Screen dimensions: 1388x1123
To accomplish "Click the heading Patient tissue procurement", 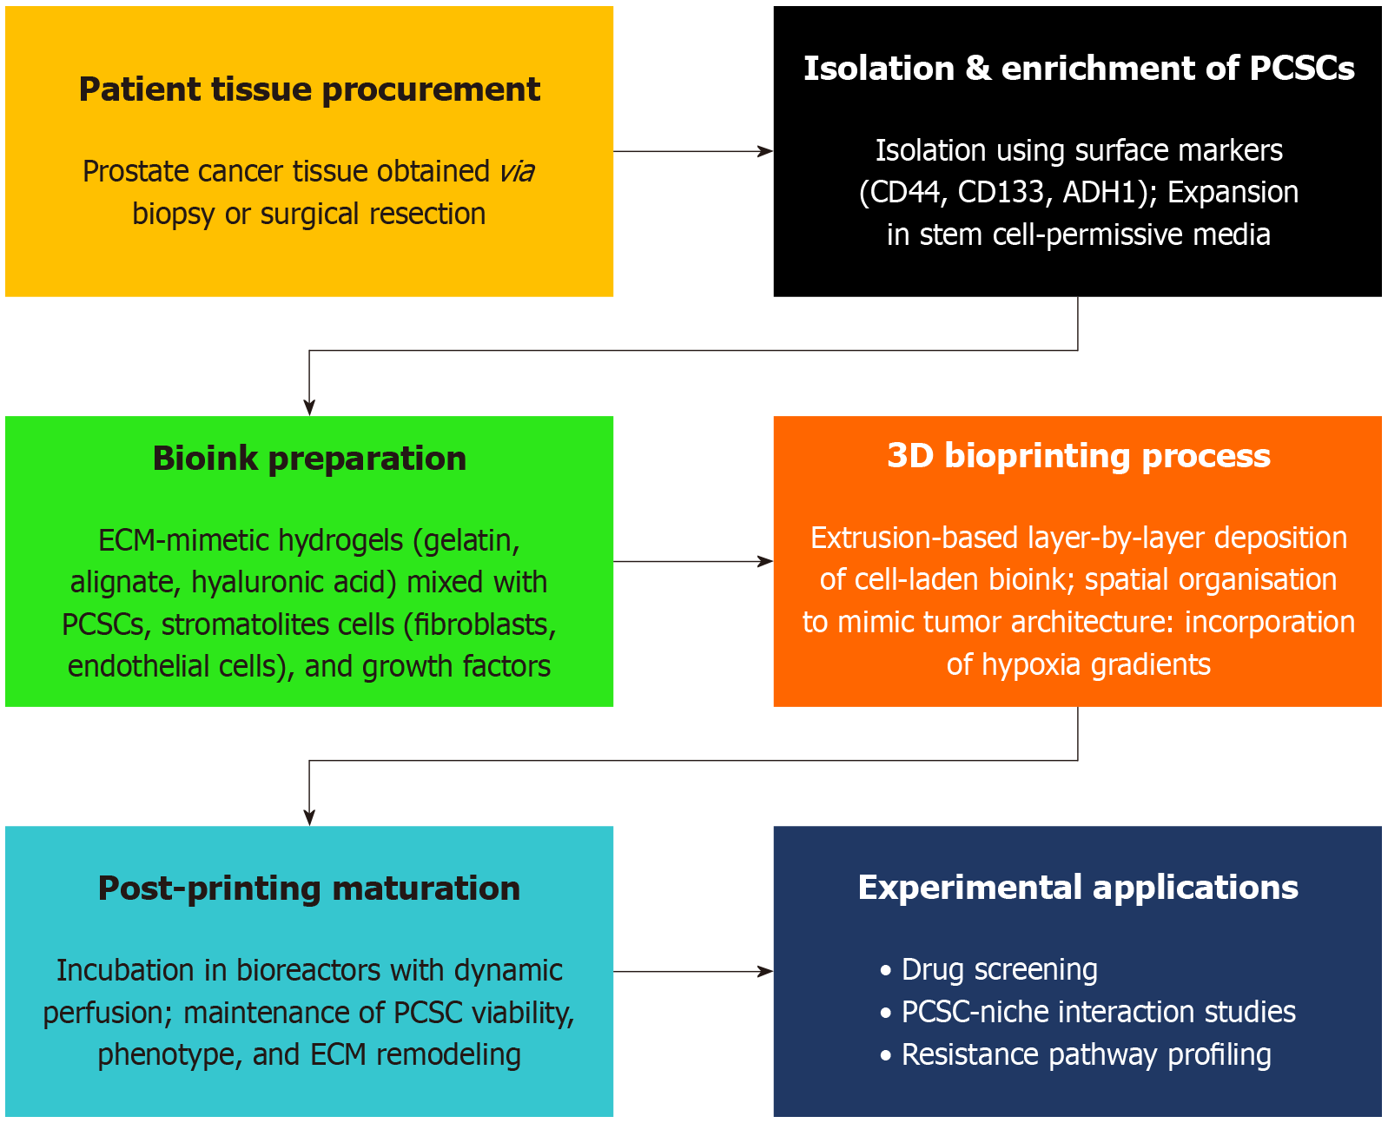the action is pos(309,89).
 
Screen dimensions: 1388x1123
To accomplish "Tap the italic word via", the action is pos(517,171).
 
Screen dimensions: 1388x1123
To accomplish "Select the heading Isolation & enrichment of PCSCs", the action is pos(1079,69).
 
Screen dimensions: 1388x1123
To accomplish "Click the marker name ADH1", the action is pos(1105,192).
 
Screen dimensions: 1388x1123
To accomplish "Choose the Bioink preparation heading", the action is pos(309,459).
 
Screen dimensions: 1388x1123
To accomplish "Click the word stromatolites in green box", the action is pos(278,624).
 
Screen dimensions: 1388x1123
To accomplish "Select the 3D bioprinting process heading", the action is pos(1079,455).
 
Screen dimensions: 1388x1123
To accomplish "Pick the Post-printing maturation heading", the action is pos(309,888).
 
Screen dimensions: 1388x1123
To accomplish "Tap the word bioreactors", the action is pos(309,970).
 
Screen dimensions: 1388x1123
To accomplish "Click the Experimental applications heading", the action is pos(1078,888).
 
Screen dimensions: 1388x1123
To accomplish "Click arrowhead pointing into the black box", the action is pos(766,152).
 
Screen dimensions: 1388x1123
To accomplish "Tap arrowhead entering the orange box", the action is pos(766,561).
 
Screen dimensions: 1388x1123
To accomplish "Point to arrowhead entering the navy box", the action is pos(766,972).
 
